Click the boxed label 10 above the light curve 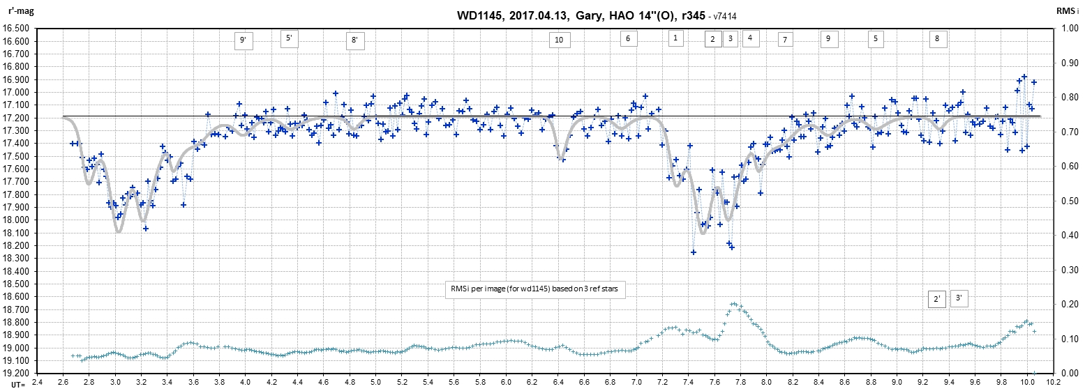(558, 40)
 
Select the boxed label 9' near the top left (243, 40)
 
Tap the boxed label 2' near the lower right (937, 299)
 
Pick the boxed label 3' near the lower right (959, 298)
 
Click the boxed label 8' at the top (354, 40)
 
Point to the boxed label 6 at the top (628, 38)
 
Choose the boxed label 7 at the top (785, 40)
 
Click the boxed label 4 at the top (749, 38)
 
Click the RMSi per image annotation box (535, 290)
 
